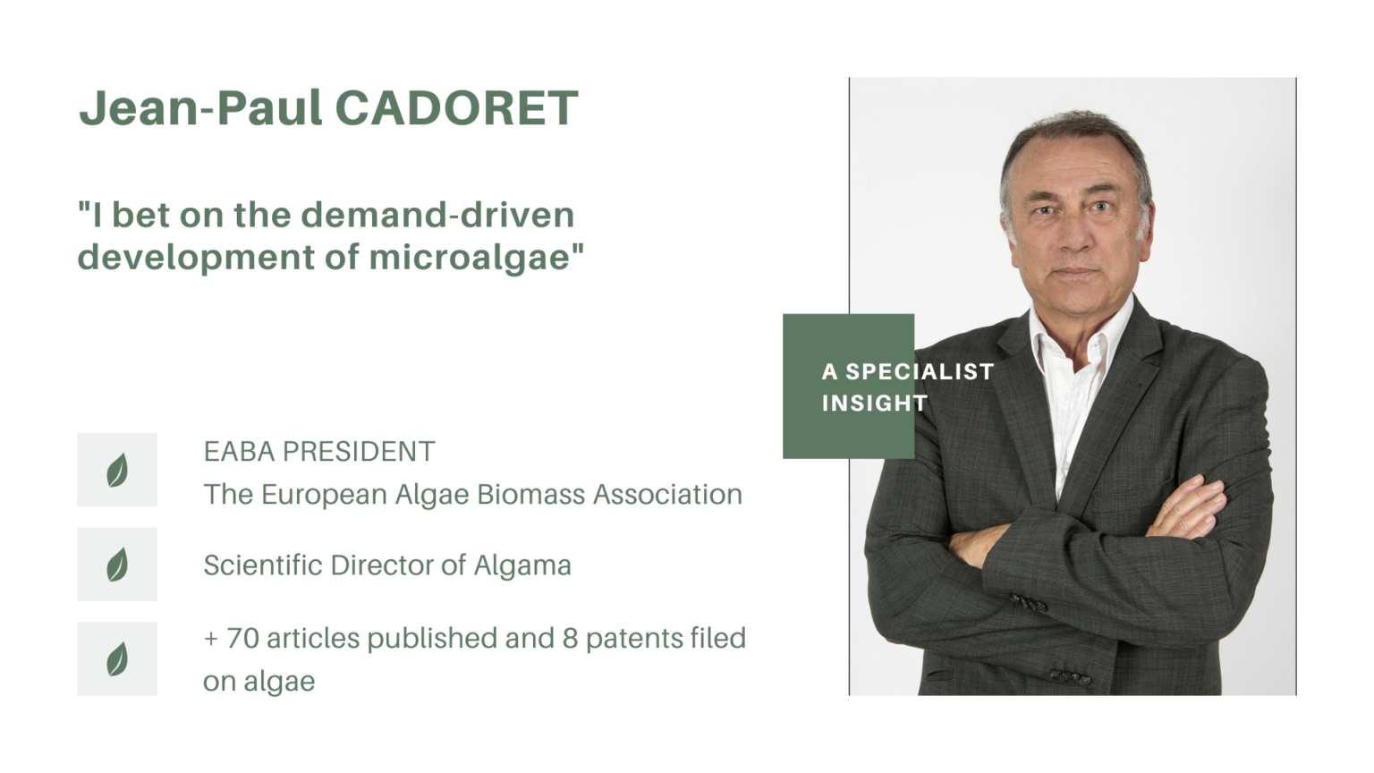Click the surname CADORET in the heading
pyautogui.click(x=456, y=108)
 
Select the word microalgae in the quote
pyautogui.click(x=475, y=258)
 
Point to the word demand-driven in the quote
pyautogui.click(x=437, y=216)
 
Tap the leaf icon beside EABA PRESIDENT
pyautogui.click(x=117, y=471)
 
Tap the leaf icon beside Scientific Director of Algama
pyautogui.click(x=117, y=565)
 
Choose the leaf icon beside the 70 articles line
pyautogui.click(x=117, y=659)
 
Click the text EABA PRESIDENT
pyautogui.click(x=319, y=452)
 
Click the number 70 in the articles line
pyautogui.click(x=242, y=639)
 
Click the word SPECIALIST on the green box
pyautogui.click(x=920, y=372)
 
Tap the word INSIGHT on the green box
pyautogui.click(x=874, y=403)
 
